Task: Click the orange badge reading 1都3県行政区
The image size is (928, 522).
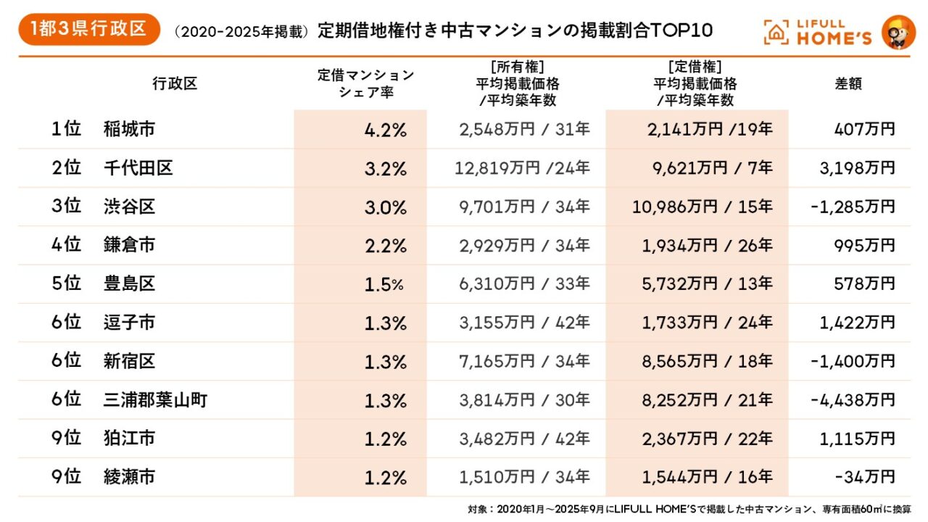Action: click(89, 30)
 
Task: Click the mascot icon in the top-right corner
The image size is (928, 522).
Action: click(898, 32)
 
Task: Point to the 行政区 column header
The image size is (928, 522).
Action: click(175, 83)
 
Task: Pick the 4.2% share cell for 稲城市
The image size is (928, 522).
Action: click(385, 130)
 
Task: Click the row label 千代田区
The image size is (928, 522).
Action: click(138, 169)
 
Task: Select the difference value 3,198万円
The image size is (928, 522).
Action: click(858, 169)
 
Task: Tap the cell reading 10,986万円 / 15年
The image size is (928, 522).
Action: click(703, 207)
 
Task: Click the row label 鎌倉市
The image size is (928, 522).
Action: click(130, 246)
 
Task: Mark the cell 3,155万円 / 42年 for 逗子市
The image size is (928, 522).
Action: click(524, 323)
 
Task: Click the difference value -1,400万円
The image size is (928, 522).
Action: click(853, 361)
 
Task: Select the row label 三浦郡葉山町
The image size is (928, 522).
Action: click(156, 399)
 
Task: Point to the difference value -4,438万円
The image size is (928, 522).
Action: click(853, 399)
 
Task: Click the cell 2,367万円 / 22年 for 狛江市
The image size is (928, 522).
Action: click(707, 439)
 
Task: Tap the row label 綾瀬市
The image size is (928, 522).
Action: click(130, 477)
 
